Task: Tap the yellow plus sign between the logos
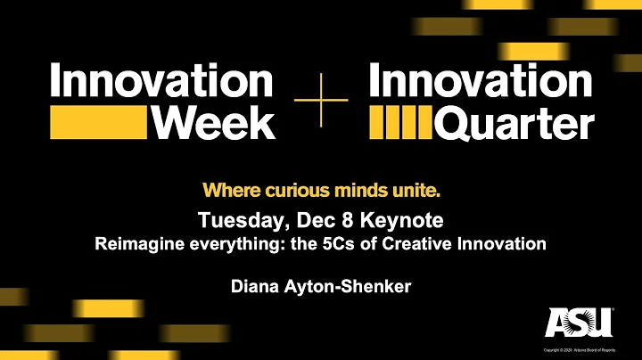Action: [x=320, y=102]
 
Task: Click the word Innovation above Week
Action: [x=160, y=83]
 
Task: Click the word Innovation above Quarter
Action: [x=480, y=83]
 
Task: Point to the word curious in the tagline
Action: [x=279, y=190]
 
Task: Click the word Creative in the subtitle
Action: [x=414, y=241]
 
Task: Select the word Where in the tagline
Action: [x=226, y=190]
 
